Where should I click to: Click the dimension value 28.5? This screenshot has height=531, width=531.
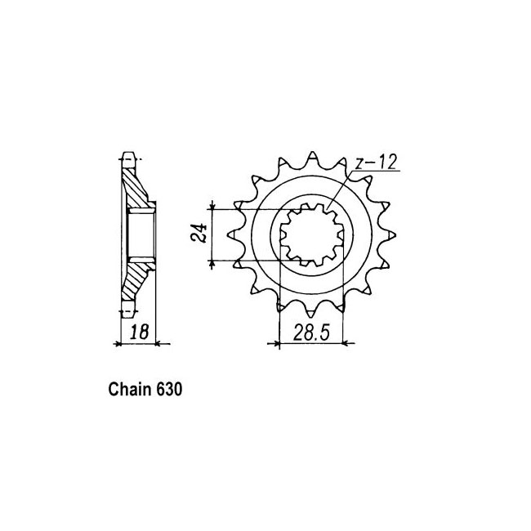(x=311, y=332)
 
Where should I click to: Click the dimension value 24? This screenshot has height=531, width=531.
(x=199, y=233)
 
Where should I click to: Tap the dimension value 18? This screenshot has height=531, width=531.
(x=140, y=332)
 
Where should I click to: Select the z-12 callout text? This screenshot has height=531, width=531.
(x=375, y=163)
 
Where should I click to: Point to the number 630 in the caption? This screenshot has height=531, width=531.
(x=169, y=389)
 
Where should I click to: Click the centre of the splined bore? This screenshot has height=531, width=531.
(x=312, y=234)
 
